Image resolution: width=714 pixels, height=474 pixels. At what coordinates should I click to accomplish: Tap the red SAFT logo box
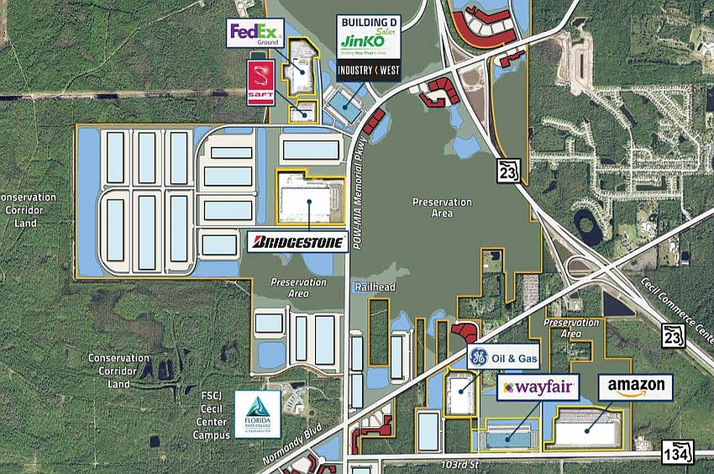(x=260, y=83)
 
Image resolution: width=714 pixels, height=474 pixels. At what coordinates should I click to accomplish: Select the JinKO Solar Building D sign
(x=368, y=37)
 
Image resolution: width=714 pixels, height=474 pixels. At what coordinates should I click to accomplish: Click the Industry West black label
(x=368, y=71)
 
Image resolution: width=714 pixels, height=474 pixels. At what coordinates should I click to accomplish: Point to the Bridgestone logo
(x=300, y=243)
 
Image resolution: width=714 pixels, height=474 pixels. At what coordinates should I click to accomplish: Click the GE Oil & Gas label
(x=502, y=357)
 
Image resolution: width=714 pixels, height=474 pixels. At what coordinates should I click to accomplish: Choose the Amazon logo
(x=635, y=387)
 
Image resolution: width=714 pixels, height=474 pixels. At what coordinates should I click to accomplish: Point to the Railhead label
(x=371, y=287)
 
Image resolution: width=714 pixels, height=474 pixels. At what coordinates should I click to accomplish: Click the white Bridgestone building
(x=308, y=202)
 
